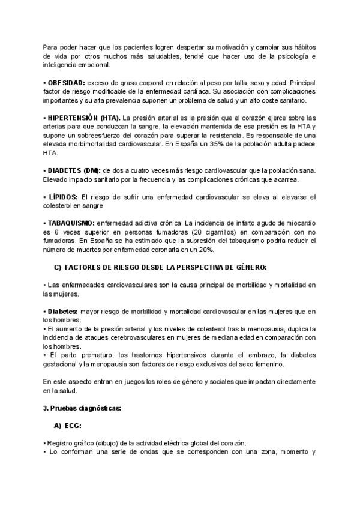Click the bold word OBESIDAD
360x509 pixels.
click(66, 82)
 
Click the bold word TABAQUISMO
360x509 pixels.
click(70, 223)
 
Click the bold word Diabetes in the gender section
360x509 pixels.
click(62, 312)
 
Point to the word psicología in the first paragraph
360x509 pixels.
click(293, 56)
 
